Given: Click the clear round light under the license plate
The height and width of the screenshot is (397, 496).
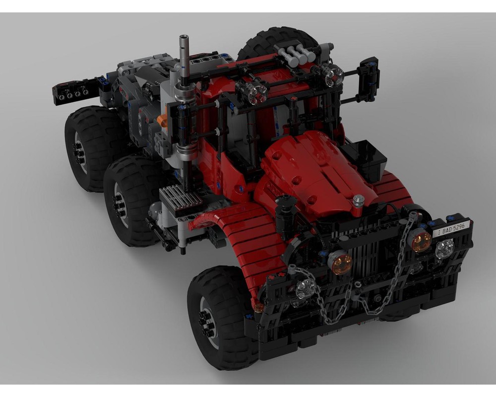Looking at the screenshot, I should pyautogui.click(x=444, y=249).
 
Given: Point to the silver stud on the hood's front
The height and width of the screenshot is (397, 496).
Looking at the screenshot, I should pyautogui.click(x=359, y=200).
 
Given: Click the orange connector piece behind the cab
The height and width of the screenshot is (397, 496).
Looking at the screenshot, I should pyautogui.click(x=162, y=121).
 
